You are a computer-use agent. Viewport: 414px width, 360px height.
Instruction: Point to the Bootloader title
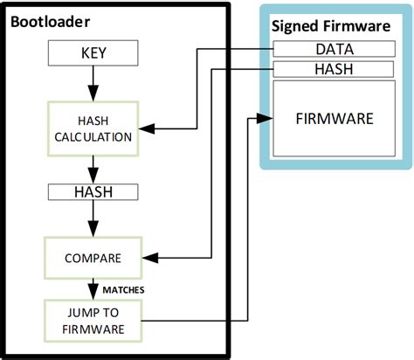click(x=49, y=19)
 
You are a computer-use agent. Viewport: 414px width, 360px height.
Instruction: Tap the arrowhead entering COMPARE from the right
click(x=146, y=258)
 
